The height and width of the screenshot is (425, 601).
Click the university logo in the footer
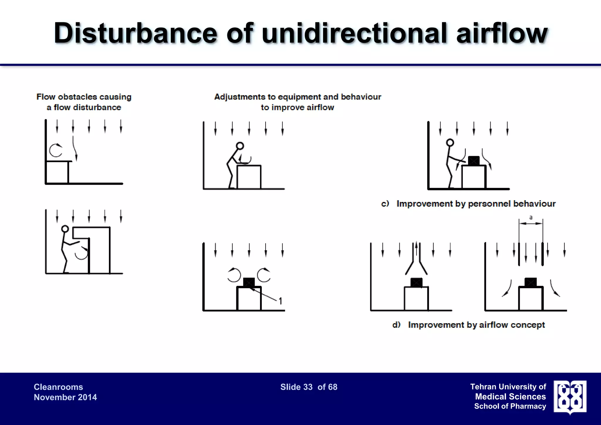570,397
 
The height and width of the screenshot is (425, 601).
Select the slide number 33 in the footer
308,387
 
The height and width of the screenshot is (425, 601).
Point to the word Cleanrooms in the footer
58,387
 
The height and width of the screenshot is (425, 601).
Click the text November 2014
65,397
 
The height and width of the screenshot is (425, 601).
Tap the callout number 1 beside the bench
280,301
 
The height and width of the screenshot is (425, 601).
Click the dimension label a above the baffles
531,218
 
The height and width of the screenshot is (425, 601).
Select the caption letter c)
385,203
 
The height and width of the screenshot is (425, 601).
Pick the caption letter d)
396,325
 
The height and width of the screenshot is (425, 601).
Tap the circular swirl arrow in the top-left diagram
56,150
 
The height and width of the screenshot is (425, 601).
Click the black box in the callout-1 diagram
249,282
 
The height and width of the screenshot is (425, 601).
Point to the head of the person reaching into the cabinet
65,229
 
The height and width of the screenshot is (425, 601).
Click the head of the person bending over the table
240,146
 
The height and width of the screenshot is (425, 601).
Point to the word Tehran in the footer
483,387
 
